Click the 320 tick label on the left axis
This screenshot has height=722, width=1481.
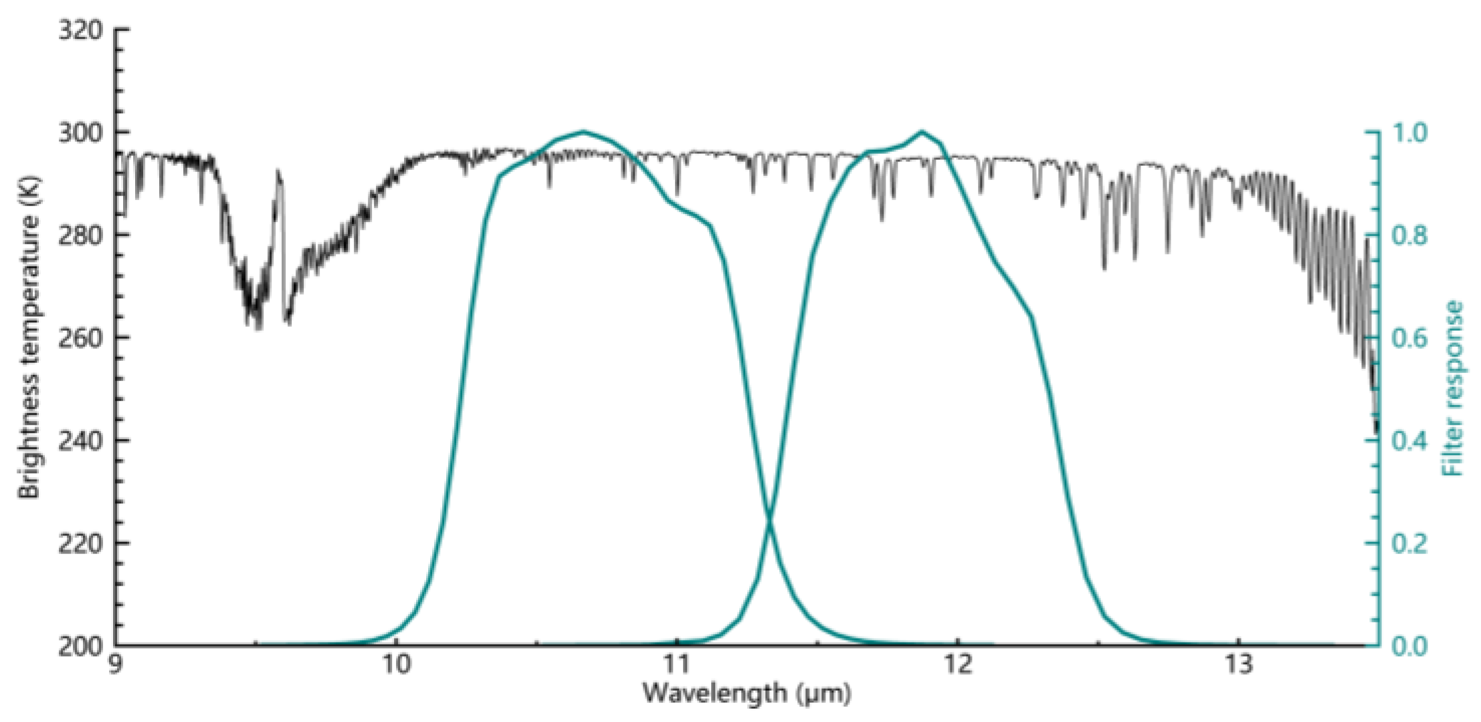click(x=80, y=31)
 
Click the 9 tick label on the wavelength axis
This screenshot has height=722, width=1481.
click(x=116, y=668)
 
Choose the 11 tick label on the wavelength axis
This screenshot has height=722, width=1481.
click(x=677, y=668)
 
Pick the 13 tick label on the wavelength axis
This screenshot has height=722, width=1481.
click(x=1238, y=668)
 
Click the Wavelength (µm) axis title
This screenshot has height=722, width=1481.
click(x=747, y=693)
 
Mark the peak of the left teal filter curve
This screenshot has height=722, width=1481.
click(x=583, y=132)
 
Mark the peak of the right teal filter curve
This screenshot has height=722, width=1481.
click(x=922, y=132)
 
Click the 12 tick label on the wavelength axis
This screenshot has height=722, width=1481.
click(x=957, y=668)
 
